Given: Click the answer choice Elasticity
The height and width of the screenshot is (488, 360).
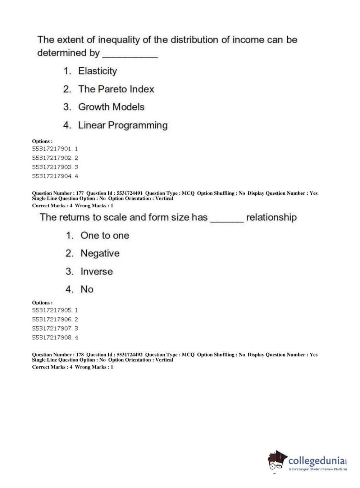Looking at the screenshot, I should (x=97, y=71).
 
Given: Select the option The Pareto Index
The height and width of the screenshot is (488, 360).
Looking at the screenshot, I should (x=116, y=89).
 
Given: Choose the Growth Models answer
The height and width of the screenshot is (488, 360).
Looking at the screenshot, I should (x=111, y=107).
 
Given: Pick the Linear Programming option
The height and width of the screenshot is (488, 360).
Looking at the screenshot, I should (x=123, y=125).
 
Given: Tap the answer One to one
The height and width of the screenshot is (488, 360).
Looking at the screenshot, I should (x=105, y=235).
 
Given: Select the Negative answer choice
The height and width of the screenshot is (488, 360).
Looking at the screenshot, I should (x=100, y=253).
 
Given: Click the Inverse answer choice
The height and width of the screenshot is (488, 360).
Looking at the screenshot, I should (x=96, y=271).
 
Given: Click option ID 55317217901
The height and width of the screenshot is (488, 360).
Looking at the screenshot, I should (x=52, y=149).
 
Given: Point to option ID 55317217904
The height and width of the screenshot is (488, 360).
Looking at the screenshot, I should (x=52, y=176).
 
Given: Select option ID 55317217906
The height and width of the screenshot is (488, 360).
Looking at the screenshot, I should (x=52, y=319).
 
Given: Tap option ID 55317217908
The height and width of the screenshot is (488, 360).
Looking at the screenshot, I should (x=52, y=338).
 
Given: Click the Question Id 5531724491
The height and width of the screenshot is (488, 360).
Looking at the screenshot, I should (x=129, y=193).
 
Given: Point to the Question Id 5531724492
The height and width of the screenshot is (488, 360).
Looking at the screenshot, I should (x=129, y=354).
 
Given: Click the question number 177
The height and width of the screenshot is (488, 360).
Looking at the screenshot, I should (x=80, y=193).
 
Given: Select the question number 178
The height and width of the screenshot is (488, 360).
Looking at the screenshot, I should (x=80, y=354).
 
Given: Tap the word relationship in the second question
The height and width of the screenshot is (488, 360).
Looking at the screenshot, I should (x=272, y=217).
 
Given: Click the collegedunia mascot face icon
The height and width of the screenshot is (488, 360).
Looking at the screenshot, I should (x=277, y=461).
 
